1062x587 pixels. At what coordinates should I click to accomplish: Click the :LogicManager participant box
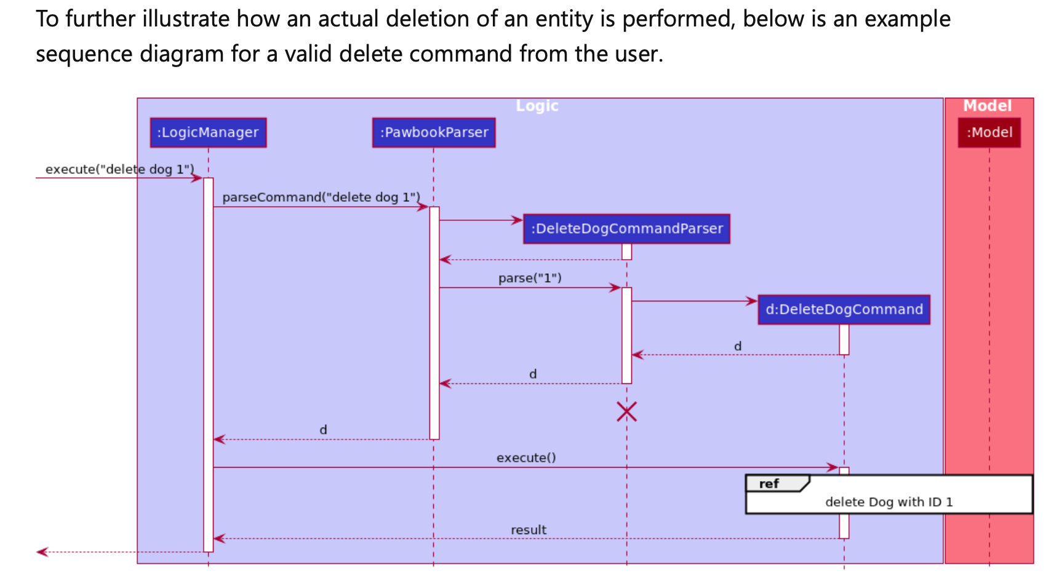click(x=208, y=132)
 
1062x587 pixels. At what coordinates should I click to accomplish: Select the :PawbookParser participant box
click(x=433, y=132)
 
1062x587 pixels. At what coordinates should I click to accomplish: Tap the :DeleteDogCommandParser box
click(x=626, y=229)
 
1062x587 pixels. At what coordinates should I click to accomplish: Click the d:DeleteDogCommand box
click(x=844, y=309)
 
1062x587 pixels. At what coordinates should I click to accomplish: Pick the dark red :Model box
click(x=989, y=132)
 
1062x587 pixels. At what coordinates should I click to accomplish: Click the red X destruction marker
click(x=626, y=412)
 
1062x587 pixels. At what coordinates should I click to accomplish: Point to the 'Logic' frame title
click(x=537, y=106)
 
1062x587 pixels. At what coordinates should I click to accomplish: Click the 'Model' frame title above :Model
click(x=987, y=106)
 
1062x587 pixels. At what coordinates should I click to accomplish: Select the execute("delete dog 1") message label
click(x=119, y=169)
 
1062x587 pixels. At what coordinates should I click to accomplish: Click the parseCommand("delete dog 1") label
click(x=321, y=198)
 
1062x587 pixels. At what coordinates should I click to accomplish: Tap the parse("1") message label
click(x=530, y=278)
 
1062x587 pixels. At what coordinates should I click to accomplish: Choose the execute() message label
click(x=526, y=458)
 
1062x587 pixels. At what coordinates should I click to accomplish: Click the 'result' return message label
click(x=528, y=530)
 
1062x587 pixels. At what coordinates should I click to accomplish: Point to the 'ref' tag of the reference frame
click(x=769, y=484)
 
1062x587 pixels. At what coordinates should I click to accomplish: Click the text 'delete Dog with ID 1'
click(x=888, y=502)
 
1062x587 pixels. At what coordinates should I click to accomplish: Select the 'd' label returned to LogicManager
click(x=323, y=430)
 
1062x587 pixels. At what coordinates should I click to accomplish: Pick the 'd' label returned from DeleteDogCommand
click(x=737, y=346)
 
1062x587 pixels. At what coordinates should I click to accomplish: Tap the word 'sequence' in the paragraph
click(x=84, y=54)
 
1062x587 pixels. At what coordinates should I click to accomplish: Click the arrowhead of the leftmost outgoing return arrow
click(x=41, y=552)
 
